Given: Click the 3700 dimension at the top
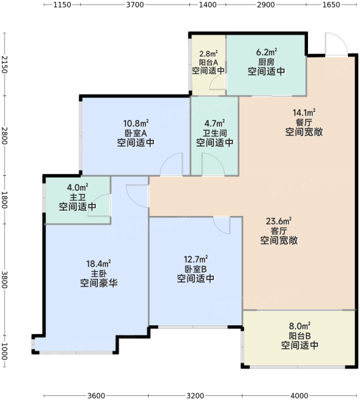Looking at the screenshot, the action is click(x=135, y=5).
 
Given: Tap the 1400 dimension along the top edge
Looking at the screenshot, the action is click(x=208, y=5).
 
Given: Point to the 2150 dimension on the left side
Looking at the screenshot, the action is click(x=5, y=64).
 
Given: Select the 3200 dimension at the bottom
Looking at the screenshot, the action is click(x=195, y=395).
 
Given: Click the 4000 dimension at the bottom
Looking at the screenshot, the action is click(x=299, y=395).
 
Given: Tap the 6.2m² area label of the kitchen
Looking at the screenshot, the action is click(x=267, y=52).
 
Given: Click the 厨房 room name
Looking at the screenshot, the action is click(x=267, y=62).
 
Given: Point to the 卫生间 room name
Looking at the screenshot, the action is click(x=215, y=133).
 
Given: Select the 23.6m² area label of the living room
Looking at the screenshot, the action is click(x=279, y=221).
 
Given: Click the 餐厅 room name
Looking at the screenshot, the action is click(x=304, y=122).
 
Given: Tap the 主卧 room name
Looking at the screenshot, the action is click(x=99, y=273).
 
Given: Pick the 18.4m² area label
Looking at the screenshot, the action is click(x=99, y=263).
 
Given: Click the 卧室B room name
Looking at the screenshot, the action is click(x=196, y=269).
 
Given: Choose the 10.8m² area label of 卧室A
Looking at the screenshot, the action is click(x=136, y=123).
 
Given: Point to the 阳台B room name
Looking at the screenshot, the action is click(x=300, y=336).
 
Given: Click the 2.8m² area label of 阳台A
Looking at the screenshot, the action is click(x=209, y=54).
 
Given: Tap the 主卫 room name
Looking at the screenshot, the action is click(x=77, y=197).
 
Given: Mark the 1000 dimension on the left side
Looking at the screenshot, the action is click(x=5, y=351).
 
